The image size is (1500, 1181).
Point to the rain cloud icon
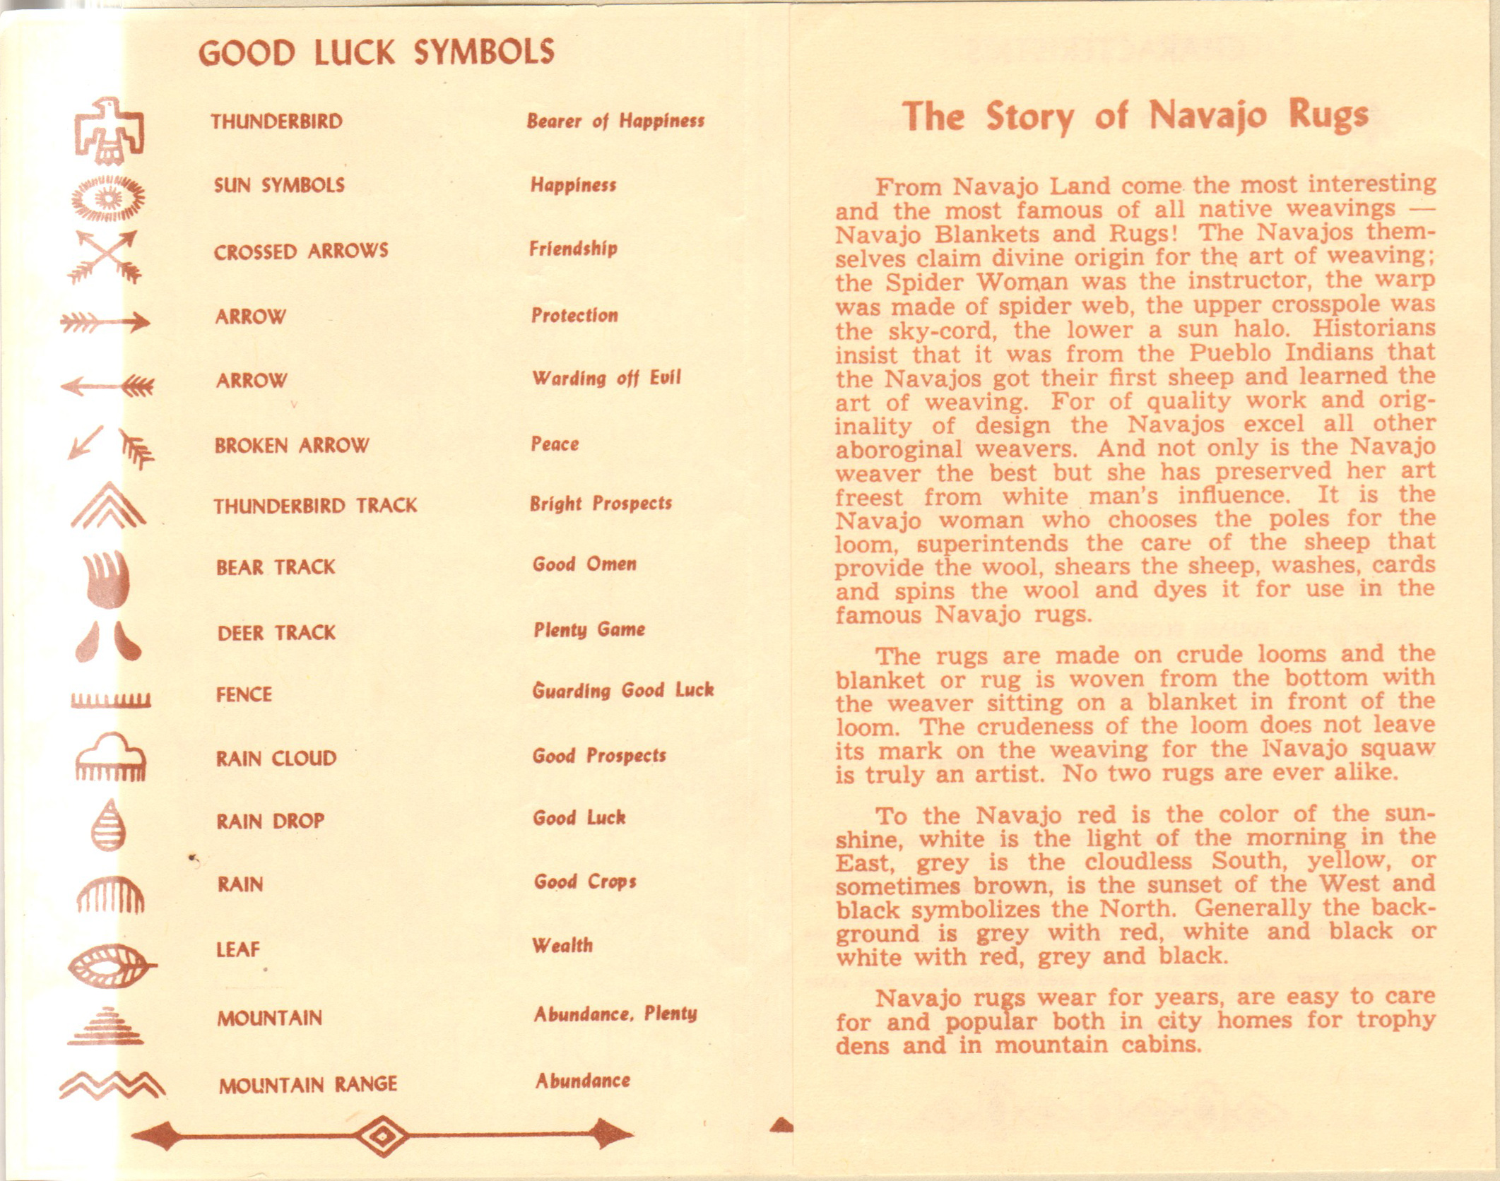(110, 757)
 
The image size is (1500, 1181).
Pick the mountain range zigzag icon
(112, 1085)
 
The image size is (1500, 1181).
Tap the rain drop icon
(109, 824)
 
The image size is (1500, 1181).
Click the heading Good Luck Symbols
(376, 53)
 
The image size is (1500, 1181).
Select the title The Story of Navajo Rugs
(1135, 117)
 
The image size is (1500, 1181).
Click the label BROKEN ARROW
(292, 446)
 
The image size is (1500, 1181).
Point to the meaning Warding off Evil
(606, 379)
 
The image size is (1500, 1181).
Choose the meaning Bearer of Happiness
(615, 121)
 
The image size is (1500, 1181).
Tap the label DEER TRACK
(276, 633)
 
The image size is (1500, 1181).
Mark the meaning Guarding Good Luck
(622, 690)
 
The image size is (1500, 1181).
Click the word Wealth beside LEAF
(562, 945)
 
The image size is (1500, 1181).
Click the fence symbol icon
(110, 700)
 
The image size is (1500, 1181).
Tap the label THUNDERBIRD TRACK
(315, 506)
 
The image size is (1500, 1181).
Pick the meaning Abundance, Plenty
(615, 1014)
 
